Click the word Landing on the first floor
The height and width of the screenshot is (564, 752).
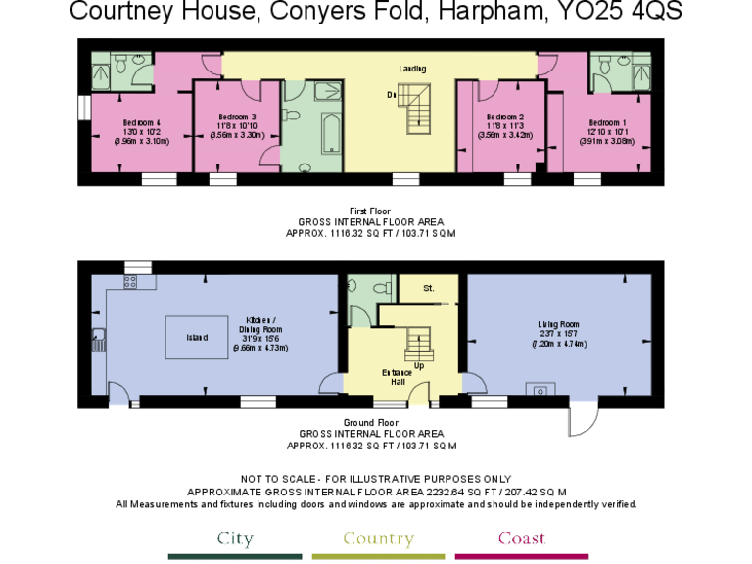[412, 69]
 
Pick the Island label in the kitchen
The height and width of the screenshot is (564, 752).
[198, 338]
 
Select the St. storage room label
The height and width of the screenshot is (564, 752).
[428, 289]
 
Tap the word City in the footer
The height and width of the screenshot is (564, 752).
[235, 539]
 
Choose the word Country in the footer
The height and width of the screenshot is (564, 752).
[378, 539]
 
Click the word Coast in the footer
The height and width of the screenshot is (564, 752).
[521, 539]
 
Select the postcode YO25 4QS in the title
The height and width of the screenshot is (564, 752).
[623, 13]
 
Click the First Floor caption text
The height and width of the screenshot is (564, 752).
[370, 211]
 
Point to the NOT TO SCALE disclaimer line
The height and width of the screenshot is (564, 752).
[376, 479]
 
